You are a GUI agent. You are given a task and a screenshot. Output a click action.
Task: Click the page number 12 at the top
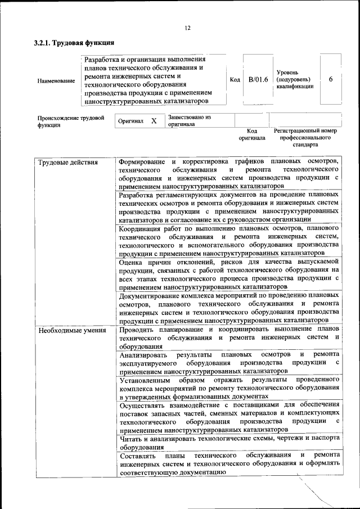187,28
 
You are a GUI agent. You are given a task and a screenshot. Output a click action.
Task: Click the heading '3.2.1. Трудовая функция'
75,43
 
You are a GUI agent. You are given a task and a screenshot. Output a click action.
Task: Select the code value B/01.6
258,80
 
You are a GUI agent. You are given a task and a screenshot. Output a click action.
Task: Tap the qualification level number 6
331,79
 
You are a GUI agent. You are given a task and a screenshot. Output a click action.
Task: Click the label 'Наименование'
56,81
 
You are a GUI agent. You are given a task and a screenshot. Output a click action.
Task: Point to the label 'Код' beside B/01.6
235,80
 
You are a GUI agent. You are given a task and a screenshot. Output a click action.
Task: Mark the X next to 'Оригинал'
154,121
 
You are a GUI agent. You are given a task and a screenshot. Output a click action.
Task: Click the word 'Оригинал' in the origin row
130,121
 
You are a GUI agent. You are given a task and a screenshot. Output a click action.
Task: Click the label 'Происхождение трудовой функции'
71,121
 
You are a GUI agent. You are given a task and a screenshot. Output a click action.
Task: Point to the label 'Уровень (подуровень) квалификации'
295,79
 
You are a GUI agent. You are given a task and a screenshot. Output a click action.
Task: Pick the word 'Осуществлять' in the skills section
143,405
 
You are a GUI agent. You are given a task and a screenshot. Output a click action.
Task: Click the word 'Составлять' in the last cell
137,455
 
